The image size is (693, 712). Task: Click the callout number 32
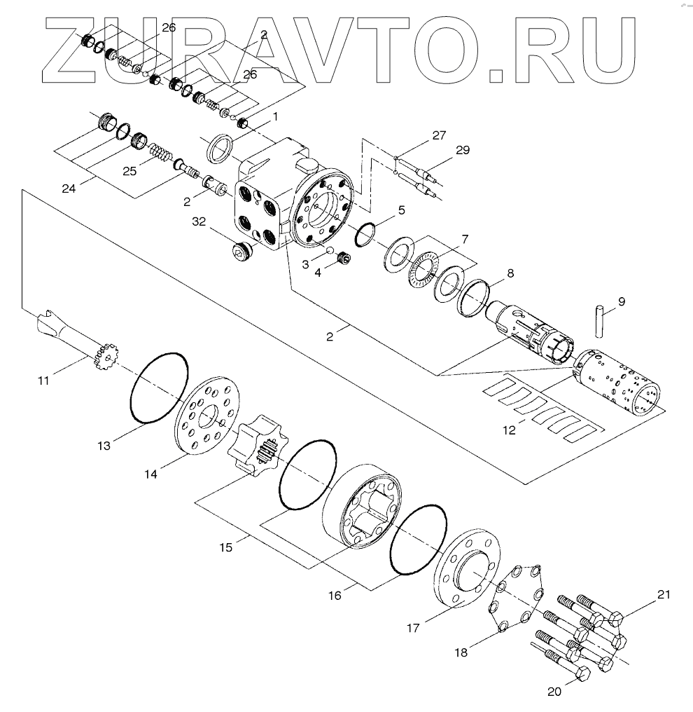pyautogui.click(x=199, y=222)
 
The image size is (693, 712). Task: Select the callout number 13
pyautogui.click(x=104, y=445)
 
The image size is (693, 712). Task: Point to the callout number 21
pyautogui.click(x=663, y=595)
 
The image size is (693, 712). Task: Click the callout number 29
pyautogui.click(x=462, y=150)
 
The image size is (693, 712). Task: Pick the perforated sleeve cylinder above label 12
pyautogui.click(x=617, y=381)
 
